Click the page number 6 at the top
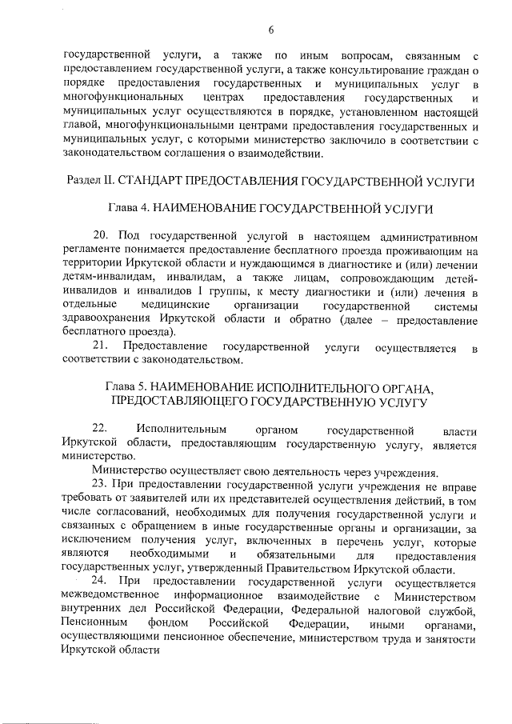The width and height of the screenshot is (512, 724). (x=271, y=30)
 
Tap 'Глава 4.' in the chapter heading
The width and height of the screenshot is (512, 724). (x=130, y=209)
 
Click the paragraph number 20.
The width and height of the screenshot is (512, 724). (x=100, y=236)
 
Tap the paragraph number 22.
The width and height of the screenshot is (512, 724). (x=100, y=430)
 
